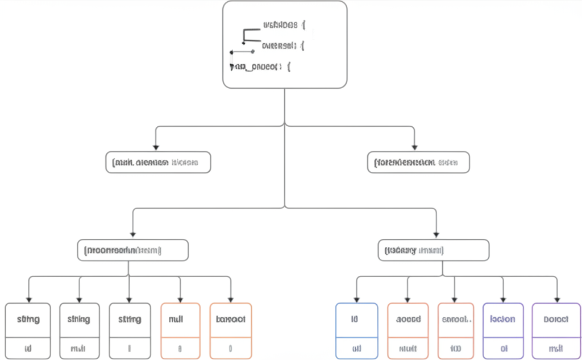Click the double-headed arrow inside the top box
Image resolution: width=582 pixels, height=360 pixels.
pyautogui.click(x=242, y=52)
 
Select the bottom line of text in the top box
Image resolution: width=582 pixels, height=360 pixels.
pyautogui.click(x=261, y=67)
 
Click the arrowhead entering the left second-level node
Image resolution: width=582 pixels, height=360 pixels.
pyautogui.click(x=156, y=147)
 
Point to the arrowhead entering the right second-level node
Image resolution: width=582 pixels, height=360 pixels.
pyautogui.click(x=414, y=147)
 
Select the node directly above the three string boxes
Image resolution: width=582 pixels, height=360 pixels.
pyautogui.click(x=132, y=250)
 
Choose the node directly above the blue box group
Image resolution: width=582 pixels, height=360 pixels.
pyautogui.click(x=433, y=250)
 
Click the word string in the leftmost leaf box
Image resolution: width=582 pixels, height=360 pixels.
pyautogui.click(x=28, y=319)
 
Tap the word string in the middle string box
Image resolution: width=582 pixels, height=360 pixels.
pyautogui.click(x=78, y=319)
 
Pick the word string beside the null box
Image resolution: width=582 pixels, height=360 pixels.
pyautogui.click(x=130, y=319)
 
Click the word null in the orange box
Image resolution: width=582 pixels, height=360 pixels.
pyautogui.click(x=180, y=319)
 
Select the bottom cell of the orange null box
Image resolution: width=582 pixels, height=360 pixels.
pyautogui.click(x=180, y=347)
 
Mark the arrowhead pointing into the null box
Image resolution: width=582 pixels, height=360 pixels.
pyautogui.click(x=180, y=299)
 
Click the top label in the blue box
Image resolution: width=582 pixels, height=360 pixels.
pyautogui.click(x=356, y=319)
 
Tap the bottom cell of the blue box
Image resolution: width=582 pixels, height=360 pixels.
pyautogui.click(x=356, y=347)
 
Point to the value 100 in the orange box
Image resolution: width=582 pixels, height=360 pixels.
pyautogui.click(x=456, y=347)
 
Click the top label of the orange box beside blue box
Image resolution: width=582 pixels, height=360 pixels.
pyautogui.click(x=408, y=319)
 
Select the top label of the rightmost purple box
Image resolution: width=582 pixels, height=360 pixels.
pyautogui.click(x=556, y=319)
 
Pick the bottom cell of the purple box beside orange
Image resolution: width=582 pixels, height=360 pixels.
pyautogui.click(x=503, y=347)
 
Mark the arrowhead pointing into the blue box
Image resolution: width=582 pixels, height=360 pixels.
pyautogui.click(x=356, y=299)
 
